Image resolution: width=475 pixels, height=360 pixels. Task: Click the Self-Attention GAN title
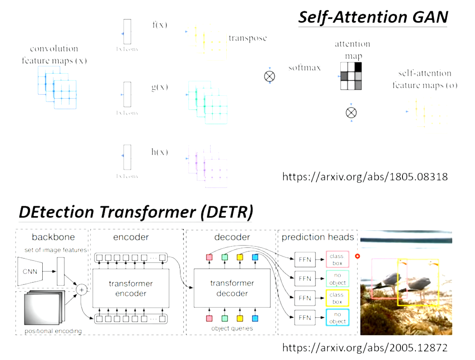(373, 17)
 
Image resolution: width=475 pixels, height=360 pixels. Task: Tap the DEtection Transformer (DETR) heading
(136, 212)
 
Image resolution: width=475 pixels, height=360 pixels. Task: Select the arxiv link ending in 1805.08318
(365, 177)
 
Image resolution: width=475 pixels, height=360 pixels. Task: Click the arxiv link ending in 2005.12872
(365, 347)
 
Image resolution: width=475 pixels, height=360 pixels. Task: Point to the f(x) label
(160, 24)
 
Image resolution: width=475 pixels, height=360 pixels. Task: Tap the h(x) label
(160, 152)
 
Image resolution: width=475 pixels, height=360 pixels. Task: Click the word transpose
(247, 38)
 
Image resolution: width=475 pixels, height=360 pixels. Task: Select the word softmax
(305, 67)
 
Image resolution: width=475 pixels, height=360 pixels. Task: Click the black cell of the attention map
(358, 67)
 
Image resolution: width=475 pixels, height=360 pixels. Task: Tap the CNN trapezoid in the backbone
(30, 272)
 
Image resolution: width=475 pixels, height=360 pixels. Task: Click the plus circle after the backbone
(82, 289)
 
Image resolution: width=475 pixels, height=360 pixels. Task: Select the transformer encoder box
(131, 288)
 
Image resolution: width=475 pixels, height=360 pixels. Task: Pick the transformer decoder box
(232, 288)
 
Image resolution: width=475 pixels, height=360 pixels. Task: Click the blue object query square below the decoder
(255, 319)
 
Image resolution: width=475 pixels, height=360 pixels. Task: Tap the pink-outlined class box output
(337, 260)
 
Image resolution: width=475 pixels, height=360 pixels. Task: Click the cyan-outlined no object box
(337, 317)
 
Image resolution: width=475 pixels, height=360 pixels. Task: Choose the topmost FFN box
(305, 260)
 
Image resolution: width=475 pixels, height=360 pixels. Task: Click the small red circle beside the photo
(358, 256)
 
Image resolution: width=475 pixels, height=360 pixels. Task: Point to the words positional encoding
(53, 331)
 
